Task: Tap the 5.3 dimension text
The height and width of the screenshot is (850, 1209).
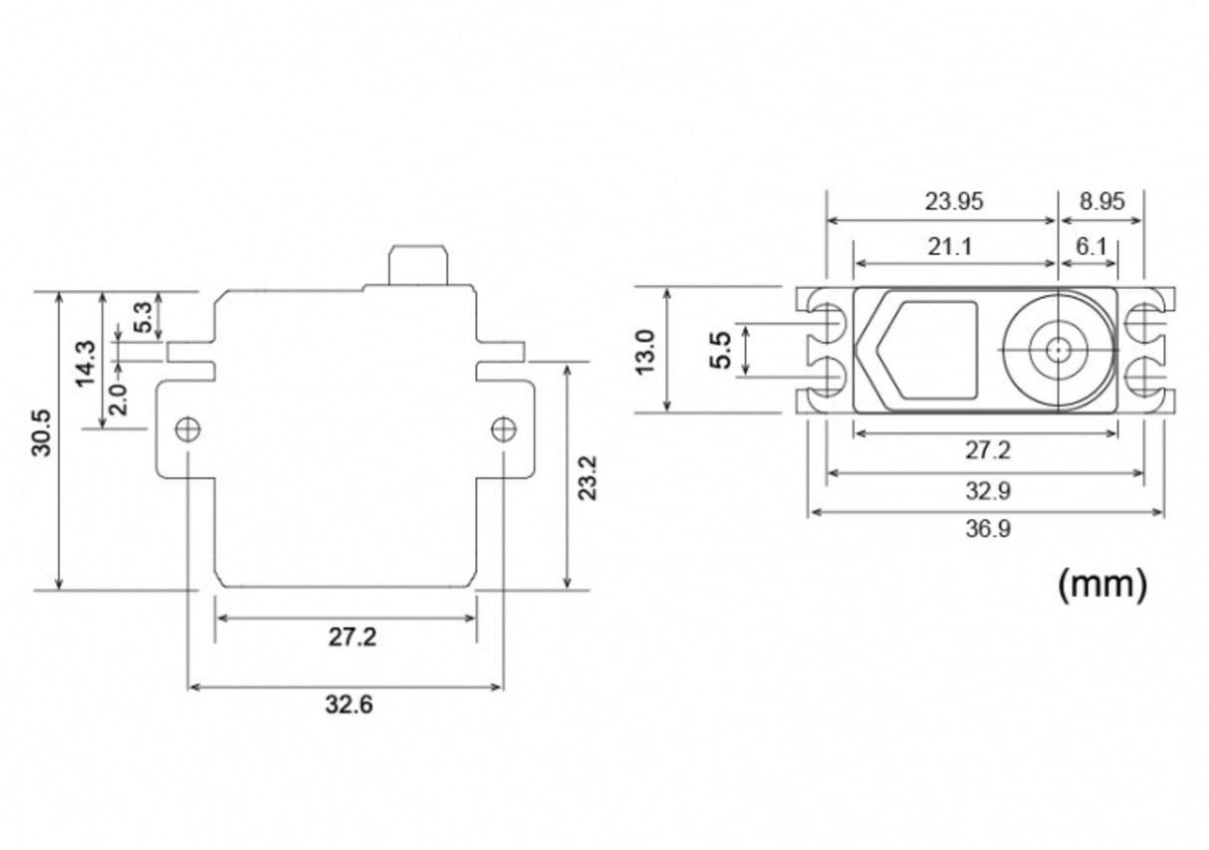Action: tap(142, 317)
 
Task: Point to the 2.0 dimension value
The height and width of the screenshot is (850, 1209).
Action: tap(117, 400)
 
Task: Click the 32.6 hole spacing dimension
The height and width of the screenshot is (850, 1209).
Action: tap(349, 706)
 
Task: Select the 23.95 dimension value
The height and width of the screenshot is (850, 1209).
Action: tap(953, 201)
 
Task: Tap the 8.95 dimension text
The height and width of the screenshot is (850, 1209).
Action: tap(1100, 201)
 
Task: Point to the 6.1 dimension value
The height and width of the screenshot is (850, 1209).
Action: tap(1091, 246)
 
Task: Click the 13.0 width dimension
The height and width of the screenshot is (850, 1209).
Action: tap(644, 352)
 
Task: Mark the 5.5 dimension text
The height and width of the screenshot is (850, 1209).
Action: tap(721, 351)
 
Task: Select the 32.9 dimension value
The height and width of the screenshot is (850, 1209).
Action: tap(987, 490)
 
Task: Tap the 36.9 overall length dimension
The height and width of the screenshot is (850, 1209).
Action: tap(987, 529)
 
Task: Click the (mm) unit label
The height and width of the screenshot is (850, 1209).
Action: tap(1101, 583)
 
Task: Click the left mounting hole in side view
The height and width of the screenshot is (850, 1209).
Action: tap(187, 429)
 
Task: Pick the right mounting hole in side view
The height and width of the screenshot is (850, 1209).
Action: tap(504, 429)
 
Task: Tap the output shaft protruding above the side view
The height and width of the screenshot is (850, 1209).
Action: tap(418, 264)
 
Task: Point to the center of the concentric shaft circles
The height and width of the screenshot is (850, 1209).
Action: tap(1056, 350)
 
